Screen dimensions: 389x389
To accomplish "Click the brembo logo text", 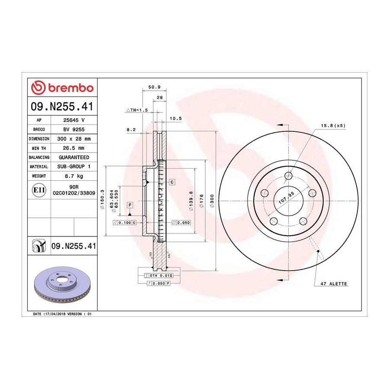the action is [71, 88].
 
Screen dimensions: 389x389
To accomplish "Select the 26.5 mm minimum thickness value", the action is [73, 148].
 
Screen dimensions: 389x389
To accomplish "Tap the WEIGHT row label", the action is [39, 176].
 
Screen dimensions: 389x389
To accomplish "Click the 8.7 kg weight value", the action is [74, 176].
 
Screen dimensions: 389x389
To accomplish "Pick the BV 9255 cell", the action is [73, 130].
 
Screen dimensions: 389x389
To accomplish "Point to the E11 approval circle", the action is [39, 190].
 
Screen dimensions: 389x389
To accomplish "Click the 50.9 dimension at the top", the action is [154, 87].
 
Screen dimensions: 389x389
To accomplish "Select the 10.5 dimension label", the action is [175, 118].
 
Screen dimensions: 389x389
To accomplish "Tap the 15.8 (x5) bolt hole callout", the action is [333, 125].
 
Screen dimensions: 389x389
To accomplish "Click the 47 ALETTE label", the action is [334, 284].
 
